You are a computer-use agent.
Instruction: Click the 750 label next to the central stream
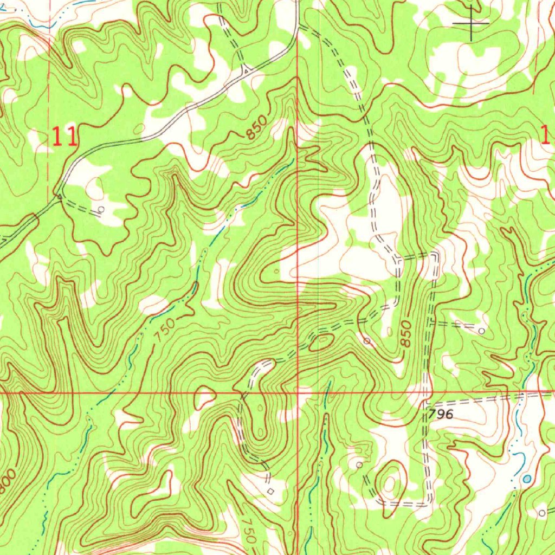[x=164, y=330]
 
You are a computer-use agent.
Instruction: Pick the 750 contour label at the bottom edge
[x=248, y=532]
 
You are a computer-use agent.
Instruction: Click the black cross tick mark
[x=470, y=23]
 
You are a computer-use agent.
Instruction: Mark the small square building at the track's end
[x=271, y=491]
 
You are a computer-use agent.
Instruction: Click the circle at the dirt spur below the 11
[x=101, y=209]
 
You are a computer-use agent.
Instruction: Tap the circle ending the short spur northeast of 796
[x=481, y=330]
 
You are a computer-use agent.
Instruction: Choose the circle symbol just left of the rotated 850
[x=367, y=341]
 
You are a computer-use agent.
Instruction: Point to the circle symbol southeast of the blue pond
[x=541, y=512]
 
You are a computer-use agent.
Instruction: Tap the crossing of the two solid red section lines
[x=298, y=391]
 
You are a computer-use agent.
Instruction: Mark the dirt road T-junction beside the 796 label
[x=426, y=401]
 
